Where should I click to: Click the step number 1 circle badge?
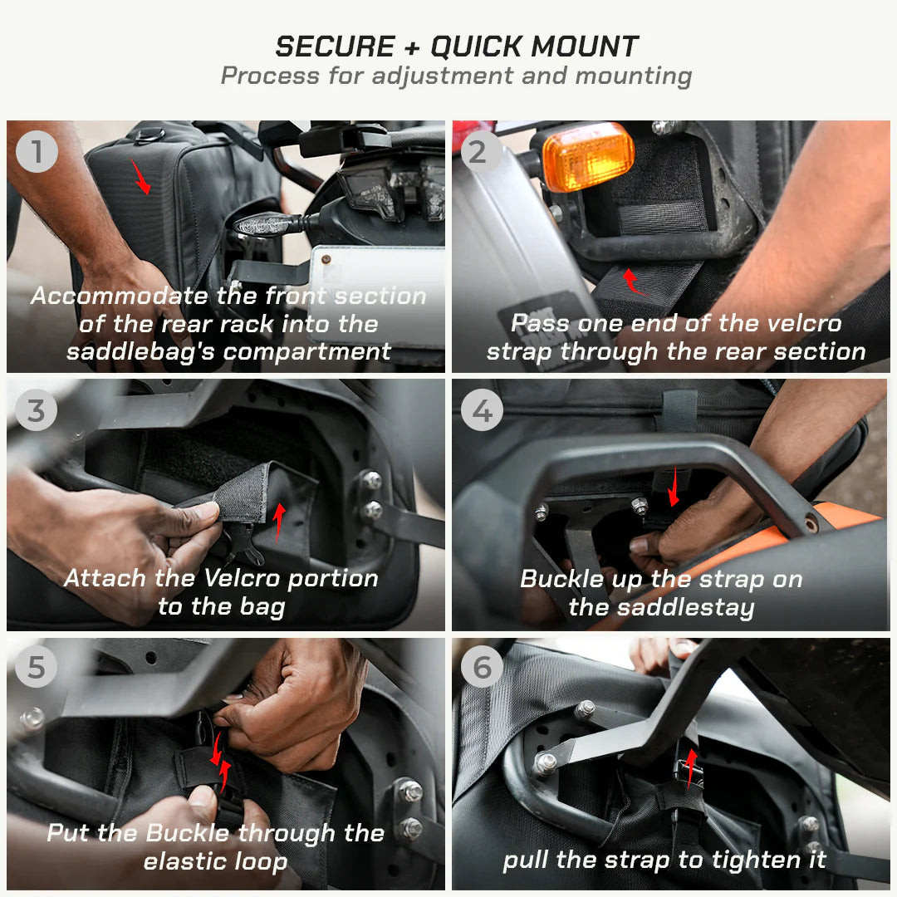(37, 152)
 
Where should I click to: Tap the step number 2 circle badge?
(482, 152)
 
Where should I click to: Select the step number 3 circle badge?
(37, 411)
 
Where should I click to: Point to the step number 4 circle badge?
(482, 411)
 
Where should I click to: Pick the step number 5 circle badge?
(37, 669)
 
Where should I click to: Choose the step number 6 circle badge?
(482, 669)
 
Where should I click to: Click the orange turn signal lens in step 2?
(588, 155)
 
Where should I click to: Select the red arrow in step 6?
(689, 768)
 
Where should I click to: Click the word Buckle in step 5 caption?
(186, 833)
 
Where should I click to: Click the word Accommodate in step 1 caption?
(120, 296)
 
